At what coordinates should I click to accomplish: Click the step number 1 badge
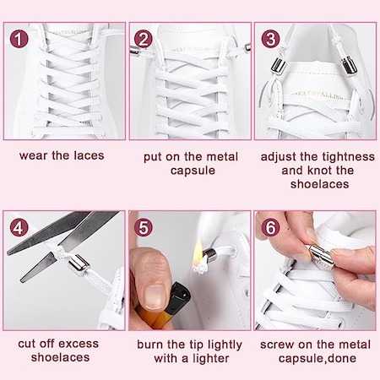pos(19,39)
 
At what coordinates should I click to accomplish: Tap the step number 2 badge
pos(144,39)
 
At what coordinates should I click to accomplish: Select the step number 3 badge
pos(270,39)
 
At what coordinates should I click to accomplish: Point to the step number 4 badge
pos(19,227)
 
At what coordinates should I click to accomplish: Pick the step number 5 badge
pos(144,227)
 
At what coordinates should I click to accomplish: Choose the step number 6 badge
pos(270,227)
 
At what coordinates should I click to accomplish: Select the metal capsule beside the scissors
pos(79,265)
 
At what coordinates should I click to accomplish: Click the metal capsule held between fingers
pos(322,255)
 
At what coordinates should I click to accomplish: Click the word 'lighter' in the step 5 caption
pos(211,358)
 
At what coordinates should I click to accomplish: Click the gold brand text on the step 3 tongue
pos(318,95)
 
